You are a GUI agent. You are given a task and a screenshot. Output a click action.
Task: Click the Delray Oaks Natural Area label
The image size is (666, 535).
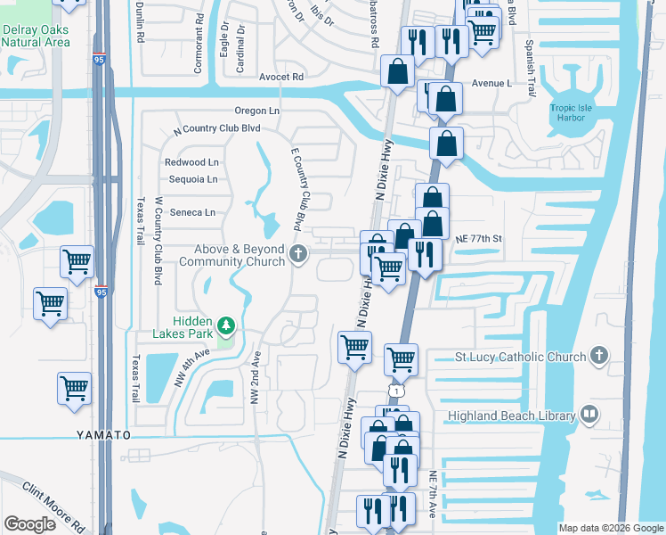36,35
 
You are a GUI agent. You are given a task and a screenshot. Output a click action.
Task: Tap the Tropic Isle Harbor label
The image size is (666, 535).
571,114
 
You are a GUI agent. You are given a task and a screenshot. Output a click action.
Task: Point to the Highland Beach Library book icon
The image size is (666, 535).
589,414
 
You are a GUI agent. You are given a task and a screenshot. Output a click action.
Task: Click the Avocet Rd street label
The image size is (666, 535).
281,78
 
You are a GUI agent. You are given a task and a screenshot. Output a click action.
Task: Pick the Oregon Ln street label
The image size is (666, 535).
256,111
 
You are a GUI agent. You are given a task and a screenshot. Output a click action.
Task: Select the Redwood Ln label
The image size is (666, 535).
191,162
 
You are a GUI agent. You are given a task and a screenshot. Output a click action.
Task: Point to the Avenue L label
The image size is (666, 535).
492,83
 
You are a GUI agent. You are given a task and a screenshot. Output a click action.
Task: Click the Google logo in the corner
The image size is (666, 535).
30,524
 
